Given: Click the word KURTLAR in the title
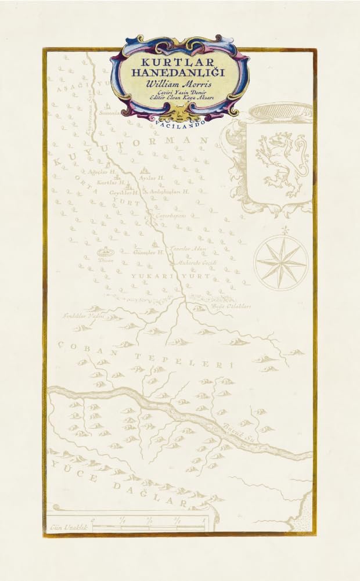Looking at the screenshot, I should point(179,61).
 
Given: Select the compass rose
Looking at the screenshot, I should point(281,262).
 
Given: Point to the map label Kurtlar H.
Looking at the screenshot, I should point(111,182).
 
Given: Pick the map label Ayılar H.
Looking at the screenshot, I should point(153,178).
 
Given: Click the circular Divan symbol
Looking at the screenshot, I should point(106,252).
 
